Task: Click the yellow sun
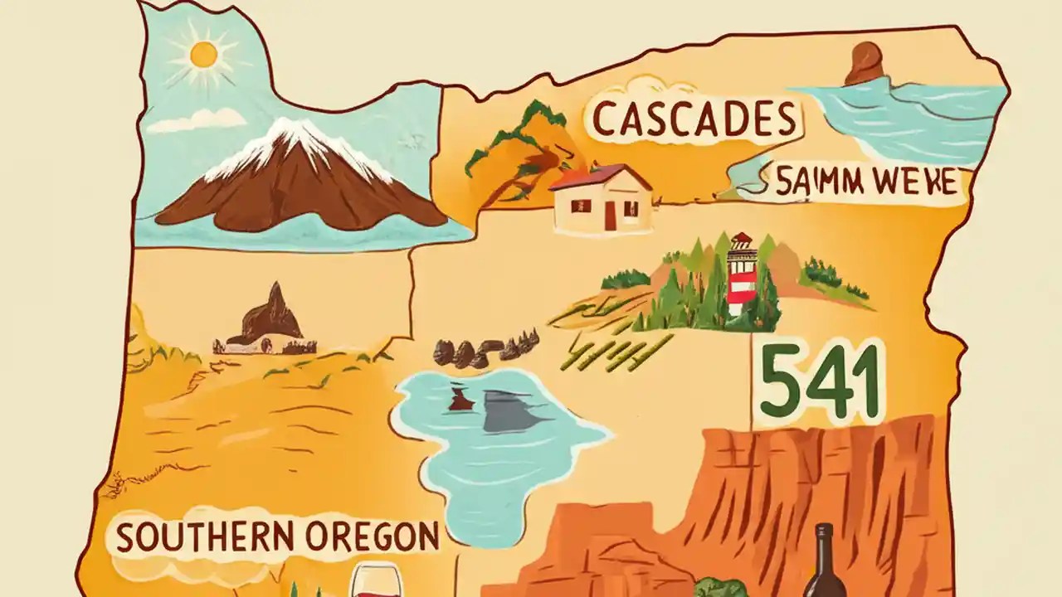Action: (203, 55)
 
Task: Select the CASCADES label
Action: (695, 119)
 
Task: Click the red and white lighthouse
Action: (741, 274)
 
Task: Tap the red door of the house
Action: (611, 216)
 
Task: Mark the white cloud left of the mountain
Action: (197, 122)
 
